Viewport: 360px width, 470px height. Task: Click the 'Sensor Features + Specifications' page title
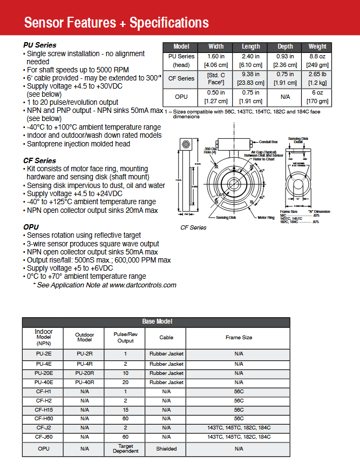point(116,23)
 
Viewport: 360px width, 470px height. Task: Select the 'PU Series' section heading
point(39,45)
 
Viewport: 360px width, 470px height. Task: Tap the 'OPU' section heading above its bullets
point(31,227)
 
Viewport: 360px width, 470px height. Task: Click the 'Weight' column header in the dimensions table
point(317,47)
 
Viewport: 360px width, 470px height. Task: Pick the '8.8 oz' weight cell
point(317,56)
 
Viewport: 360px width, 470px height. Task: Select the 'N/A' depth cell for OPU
point(285,96)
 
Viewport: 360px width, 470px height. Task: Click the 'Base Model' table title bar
point(156,321)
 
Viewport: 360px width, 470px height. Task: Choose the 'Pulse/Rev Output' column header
point(125,337)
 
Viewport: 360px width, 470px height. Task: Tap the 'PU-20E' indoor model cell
point(44,373)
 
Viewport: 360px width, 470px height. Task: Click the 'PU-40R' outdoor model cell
point(85,382)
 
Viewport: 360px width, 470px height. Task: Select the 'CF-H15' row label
point(44,409)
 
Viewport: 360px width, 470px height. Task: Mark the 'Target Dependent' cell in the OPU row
point(125,448)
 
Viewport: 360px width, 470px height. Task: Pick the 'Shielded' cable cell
point(166,448)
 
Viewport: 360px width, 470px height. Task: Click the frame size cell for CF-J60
point(239,437)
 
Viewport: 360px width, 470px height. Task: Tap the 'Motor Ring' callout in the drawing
point(267,217)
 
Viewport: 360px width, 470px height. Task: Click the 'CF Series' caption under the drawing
point(193,227)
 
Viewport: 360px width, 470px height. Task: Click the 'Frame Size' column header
point(239,337)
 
